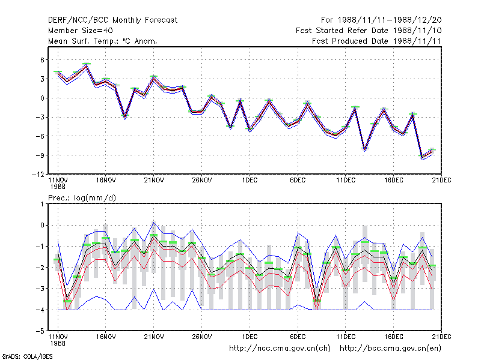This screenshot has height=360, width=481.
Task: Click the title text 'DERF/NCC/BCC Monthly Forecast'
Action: [112, 20]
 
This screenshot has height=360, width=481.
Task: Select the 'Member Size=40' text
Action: [81, 31]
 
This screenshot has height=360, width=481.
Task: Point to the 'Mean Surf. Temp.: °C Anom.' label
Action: [103, 41]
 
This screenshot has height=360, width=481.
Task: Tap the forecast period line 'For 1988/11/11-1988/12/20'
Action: [381, 20]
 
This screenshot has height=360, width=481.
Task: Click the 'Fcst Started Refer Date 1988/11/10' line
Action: [369, 31]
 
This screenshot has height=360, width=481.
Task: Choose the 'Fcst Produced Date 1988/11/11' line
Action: [376, 41]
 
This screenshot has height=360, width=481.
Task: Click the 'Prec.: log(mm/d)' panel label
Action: [82, 198]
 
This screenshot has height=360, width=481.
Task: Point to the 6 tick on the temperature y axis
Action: [42, 60]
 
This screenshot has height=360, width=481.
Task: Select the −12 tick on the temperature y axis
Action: [38, 175]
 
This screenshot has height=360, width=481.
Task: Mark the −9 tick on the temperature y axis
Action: [40, 155]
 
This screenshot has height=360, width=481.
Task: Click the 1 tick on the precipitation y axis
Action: [42, 204]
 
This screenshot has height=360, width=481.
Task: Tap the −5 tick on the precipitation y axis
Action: [40, 331]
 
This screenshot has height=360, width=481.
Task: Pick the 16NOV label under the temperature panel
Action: [106, 181]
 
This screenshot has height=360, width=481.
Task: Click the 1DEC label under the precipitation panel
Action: [250, 337]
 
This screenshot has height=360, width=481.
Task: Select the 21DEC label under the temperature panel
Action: [441, 181]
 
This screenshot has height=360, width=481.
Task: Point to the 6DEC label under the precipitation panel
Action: [298, 337]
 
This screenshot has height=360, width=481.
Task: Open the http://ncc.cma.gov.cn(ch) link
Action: [280, 349]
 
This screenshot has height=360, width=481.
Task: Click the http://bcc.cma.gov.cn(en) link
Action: [390, 349]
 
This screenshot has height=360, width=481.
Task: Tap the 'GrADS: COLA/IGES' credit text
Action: [27, 356]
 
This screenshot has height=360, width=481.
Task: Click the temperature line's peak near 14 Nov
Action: [87, 65]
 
